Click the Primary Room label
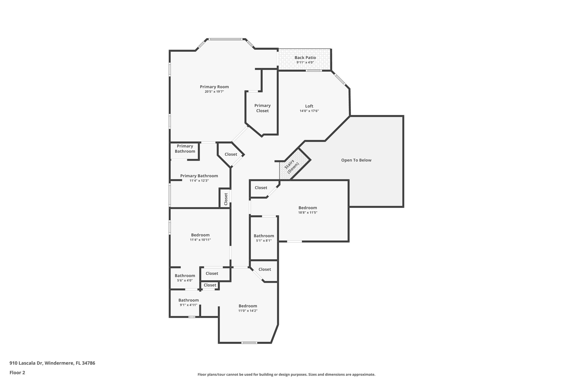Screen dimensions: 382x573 [214, 87]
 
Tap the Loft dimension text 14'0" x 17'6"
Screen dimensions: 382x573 [309, 111]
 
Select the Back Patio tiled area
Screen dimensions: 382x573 [305, 60]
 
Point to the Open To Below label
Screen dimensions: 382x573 [356, 160]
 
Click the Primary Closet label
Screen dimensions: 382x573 [262, 108]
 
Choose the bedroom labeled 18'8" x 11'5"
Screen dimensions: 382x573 [307, 210]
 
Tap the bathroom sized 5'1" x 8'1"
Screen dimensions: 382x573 [264, 238]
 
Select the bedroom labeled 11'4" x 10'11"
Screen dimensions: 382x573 [200, 237]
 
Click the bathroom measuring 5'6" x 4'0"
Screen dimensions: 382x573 [185, 278]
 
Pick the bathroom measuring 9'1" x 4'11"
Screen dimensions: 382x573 [188, 302]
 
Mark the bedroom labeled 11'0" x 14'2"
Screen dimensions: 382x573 [248, 308]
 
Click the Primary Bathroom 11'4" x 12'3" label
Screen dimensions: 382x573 [199, 178]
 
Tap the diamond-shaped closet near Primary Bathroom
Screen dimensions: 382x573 [231, 154]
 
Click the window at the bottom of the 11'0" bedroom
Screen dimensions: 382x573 [249, 343]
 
